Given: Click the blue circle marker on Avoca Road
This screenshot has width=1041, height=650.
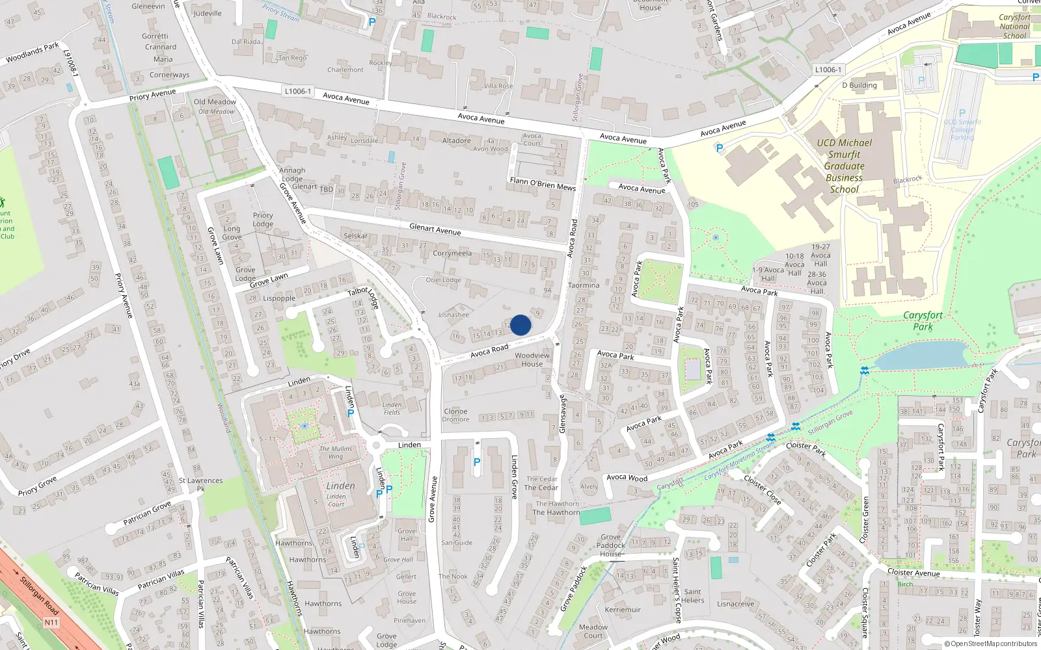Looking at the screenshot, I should [520, 325].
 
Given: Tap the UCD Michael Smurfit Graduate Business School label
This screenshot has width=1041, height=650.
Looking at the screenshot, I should [844, 166].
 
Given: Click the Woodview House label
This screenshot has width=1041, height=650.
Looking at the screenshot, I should [532, 359].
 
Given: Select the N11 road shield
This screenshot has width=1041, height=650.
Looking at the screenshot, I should [51, 622].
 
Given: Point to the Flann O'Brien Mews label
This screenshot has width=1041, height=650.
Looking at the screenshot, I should [543, 184].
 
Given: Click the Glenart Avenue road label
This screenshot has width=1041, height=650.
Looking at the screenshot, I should [435, 229].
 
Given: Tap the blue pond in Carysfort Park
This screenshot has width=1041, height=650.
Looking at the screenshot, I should [919, 355].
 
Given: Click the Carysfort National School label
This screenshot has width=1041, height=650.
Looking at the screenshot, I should [1014, 27].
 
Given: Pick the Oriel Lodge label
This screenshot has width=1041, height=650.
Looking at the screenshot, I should [443, 280].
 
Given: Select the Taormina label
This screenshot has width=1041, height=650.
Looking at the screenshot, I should [584, 285].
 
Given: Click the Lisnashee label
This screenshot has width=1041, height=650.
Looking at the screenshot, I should [453, 315].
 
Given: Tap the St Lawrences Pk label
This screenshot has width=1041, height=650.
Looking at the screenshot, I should [200, 484].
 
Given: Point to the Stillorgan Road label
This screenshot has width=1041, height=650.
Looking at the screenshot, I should [39, 595].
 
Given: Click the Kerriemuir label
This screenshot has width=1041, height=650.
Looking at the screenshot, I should [623, 610].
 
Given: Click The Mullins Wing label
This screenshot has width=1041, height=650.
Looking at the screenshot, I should [336, 452].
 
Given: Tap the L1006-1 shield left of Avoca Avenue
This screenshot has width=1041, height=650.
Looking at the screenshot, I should [298, 92].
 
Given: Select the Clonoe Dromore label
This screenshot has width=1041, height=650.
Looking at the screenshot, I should [455, 415].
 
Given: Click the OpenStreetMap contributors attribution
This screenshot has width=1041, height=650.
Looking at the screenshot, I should [990, 644].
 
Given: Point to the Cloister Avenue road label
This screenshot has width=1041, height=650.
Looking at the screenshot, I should [913, 573].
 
